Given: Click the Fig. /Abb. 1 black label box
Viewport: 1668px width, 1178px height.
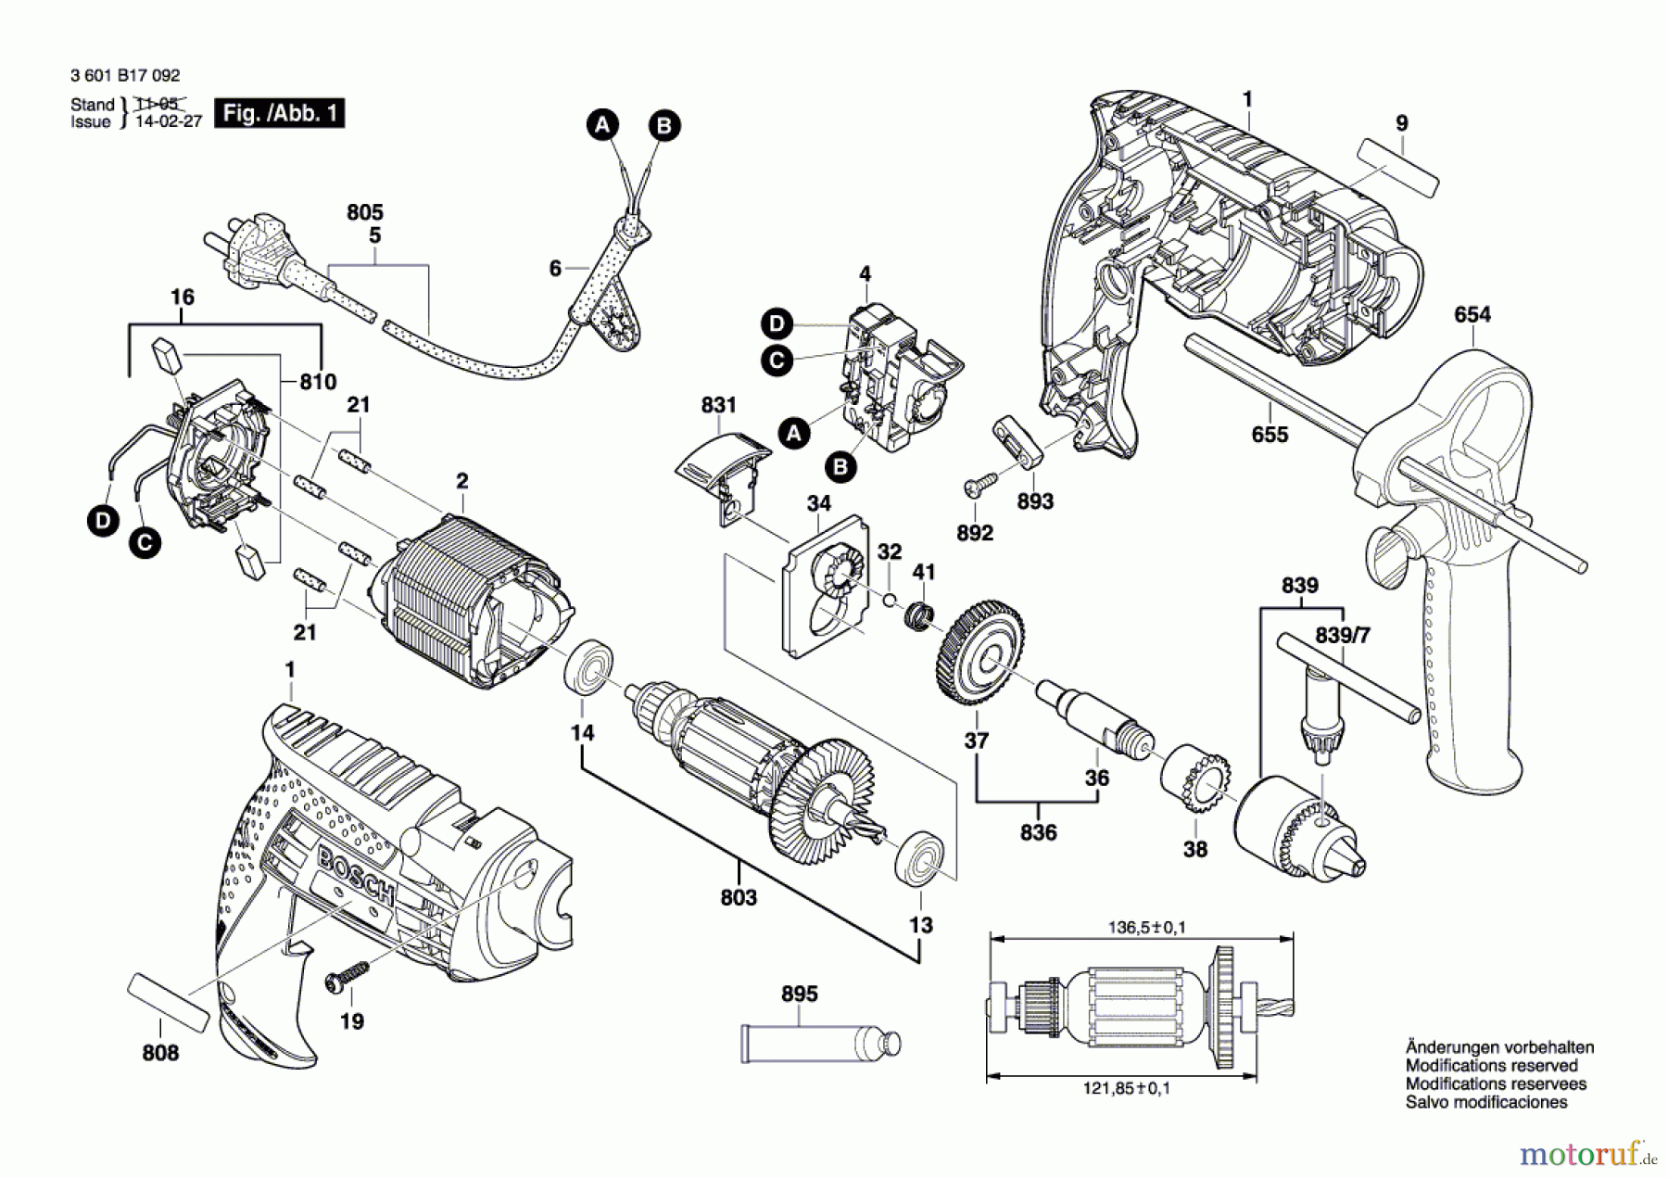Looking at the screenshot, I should [279, 113].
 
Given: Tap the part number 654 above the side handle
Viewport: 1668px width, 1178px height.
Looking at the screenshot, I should [1472, 315].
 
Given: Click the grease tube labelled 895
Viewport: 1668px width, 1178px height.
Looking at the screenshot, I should [819, 1042].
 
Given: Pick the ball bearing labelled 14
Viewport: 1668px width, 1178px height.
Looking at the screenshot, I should [588, 665].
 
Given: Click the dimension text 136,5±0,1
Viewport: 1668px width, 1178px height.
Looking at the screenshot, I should [1146, 927].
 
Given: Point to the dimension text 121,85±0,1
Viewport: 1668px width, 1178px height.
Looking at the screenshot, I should [1126, 1088].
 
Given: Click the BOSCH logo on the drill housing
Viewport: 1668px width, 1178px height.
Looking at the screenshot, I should [357, 875].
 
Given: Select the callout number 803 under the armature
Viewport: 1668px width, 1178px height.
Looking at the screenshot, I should [738, 897].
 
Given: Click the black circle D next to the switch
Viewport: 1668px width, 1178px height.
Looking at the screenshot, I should [777, 324].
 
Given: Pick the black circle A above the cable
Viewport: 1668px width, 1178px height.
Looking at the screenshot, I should [602, 125].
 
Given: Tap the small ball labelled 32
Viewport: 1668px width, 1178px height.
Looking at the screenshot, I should [890, 600].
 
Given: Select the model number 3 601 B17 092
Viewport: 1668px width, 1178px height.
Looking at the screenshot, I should [125, 76].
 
